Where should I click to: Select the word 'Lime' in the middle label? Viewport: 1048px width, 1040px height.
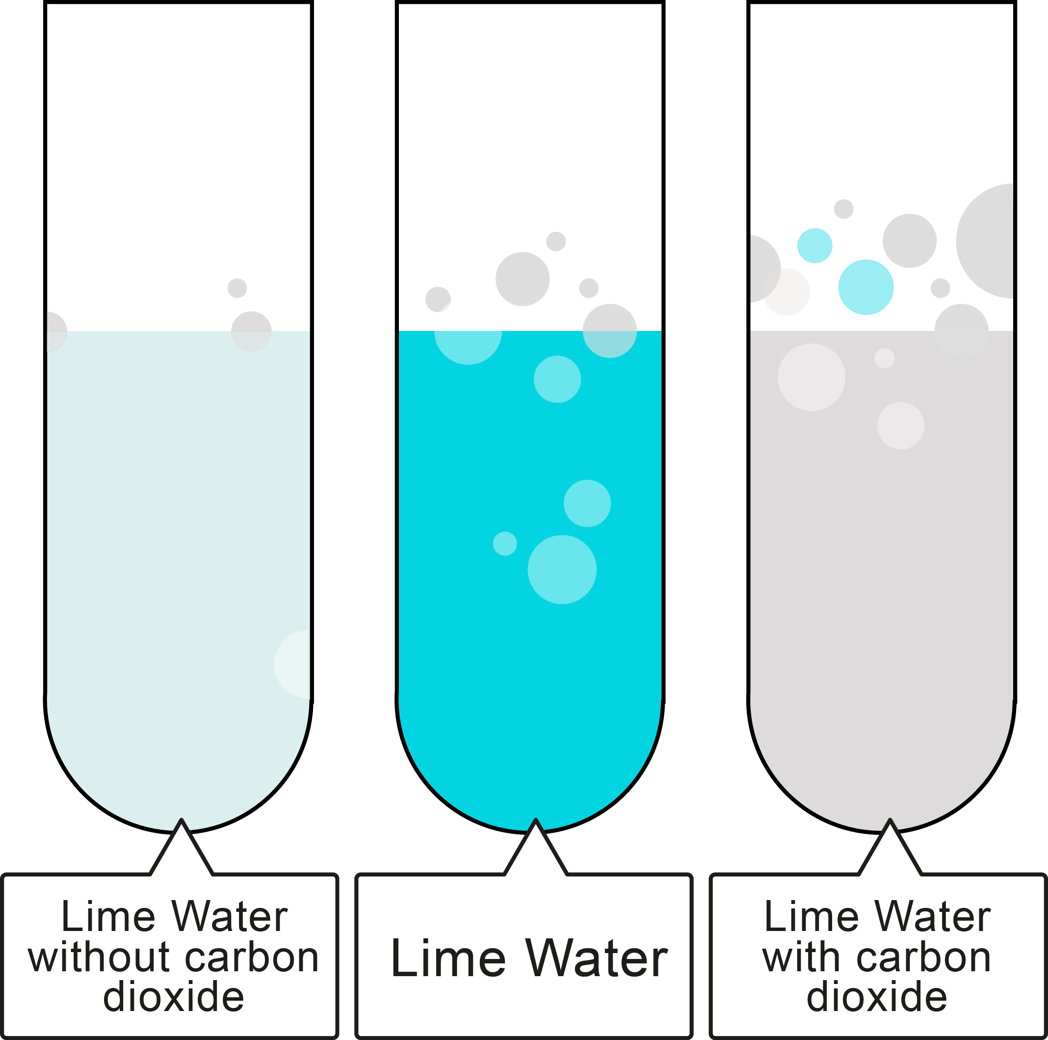[448, 958]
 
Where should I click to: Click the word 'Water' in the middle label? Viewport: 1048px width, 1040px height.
[596, 958]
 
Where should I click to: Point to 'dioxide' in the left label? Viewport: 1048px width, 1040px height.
[174, 997]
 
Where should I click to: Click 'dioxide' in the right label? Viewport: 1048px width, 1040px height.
[877, 997]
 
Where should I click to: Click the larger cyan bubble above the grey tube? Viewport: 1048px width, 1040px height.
[866, 287]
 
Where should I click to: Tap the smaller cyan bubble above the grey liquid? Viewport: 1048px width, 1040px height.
[815, 246]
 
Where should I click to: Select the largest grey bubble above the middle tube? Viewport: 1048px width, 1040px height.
[523, 279]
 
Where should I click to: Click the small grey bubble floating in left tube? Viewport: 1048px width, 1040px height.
[237, 288]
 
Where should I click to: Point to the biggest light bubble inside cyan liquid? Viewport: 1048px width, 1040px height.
[562, 570]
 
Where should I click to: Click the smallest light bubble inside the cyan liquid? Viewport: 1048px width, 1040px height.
[504, 544]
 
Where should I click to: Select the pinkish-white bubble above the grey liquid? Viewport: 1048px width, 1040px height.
[786, 292]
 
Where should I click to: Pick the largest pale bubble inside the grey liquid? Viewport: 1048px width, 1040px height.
[812, 377]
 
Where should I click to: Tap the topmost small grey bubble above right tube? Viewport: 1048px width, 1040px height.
[843, 209]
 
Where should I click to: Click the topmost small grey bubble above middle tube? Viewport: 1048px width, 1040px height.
[556, 241]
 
